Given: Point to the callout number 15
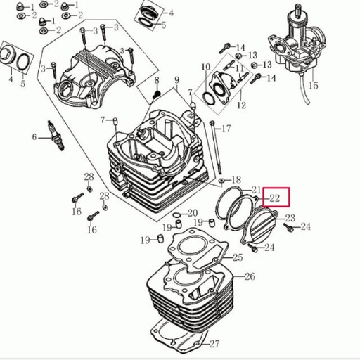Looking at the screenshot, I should point(313,86).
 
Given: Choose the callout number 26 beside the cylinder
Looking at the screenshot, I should point(249,276).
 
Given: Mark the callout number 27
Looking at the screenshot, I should point(214,344).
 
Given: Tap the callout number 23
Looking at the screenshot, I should point(290,219).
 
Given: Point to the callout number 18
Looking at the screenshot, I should point(236,180).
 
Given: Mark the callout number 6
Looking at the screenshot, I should point(33,136).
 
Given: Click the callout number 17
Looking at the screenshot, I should point(226,129).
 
